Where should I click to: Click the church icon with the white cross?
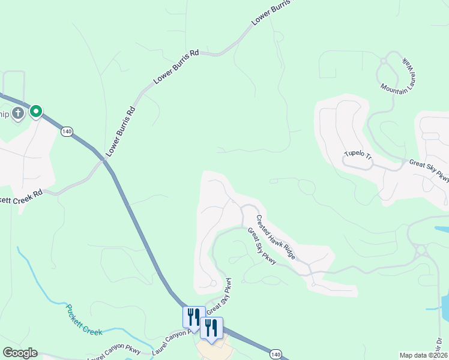click(x=18, y=113)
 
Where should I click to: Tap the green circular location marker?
click(x=36, y=111)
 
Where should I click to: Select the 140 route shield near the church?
click(x=67, y=131)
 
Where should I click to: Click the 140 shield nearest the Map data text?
click(x=276, y=355)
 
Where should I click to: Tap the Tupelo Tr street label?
click(x=358, y=156)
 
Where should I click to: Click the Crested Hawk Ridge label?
click(x=276, y=237)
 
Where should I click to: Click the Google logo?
click(x=20, y=353)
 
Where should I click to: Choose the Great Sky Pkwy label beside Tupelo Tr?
click(x=429, y=170)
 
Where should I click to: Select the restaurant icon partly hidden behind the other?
click(x=193, y=316)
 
